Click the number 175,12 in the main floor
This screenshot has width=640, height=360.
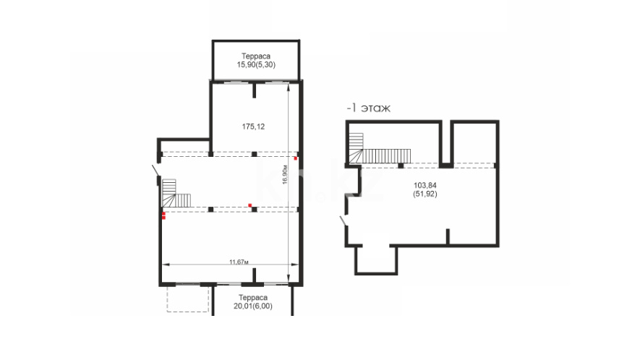(x=253, y=127)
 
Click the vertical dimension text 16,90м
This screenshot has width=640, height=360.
(x=285, y=175)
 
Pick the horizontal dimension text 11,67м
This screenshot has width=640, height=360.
(x=239, y=262)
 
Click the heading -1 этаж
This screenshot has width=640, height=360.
(x=368, y=108)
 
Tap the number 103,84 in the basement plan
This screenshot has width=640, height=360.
(x=425, y=186)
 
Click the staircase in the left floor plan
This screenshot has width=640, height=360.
(x=176, y=193)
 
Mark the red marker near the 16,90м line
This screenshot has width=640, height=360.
(x=296, y=158)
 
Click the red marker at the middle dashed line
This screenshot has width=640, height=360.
(x=249, y=205)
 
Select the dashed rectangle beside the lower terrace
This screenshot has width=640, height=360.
(x=188, y=299)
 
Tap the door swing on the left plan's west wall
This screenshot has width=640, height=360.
(x=155, y=171)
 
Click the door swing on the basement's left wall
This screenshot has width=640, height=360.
(x=344, y=220)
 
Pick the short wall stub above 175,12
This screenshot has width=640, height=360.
(x=255, y=90)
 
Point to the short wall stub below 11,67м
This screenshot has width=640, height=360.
(x=255, y=275)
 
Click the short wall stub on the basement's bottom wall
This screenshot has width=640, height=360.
(x=448, y=237)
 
